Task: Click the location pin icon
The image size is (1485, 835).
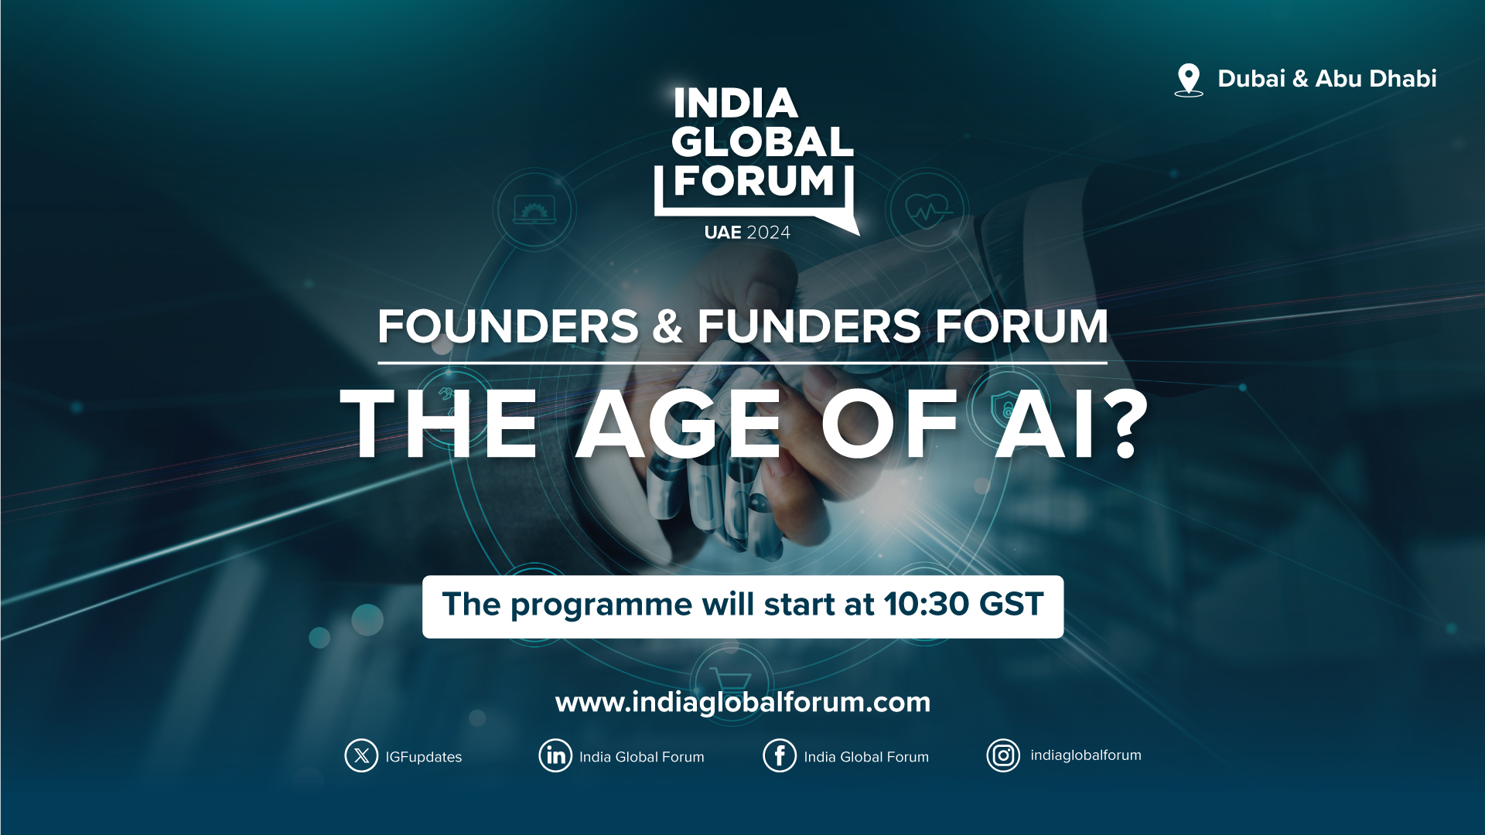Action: [x=1189, y=80]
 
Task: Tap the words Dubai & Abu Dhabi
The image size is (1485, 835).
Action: [x=1327, y=79]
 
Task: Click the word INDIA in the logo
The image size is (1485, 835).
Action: [x=736, y=104]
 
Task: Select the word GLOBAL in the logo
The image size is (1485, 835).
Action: [x=763, y=142]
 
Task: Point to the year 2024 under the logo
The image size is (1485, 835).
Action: [x=769, y=233]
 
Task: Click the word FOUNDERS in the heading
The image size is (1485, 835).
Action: [x=508, y=326]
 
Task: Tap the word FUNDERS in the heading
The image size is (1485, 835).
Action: [x=809, y=326]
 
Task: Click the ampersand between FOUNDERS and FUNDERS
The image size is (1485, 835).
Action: [x=667, y=326]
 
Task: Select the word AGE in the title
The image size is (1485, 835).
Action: [x=678, y=424]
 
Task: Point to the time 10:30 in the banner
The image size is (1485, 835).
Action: [x=925, y=605]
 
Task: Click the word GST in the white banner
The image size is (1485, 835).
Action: [x=1012, y=605]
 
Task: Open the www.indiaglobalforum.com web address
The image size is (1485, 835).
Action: [x=742, y=703]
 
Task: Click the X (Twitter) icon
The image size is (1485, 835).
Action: [x=361, y=756]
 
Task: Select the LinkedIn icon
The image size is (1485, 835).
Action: [x=555, y=756]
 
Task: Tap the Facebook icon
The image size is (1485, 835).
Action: [x=780, y=756]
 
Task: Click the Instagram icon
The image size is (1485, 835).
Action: [x=1003, y=756]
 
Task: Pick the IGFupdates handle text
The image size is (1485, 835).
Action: [x=424, y=758]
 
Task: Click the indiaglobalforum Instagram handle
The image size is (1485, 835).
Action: [x=1086, y=755]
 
